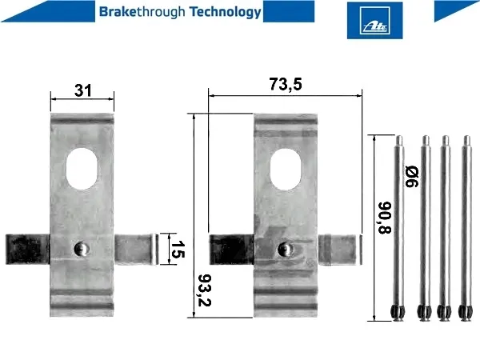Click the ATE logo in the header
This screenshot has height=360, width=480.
click(x=374, y=20)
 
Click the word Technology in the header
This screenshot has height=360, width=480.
click(x=226, y=12)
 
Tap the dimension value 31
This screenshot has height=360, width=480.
click(x=83, y=90)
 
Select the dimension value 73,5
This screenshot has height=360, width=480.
click(x=286, y=84)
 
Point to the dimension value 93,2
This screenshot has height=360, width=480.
click(x=204, y=290)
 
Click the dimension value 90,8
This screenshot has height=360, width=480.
click(x=385, y=218)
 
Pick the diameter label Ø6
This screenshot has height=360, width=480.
click(x=411, y=176)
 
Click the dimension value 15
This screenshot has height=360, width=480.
click(x=178, y=249)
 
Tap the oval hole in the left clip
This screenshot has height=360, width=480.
click(x=82, y=168)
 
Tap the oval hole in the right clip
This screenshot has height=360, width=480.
click(x=286, y=170)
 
